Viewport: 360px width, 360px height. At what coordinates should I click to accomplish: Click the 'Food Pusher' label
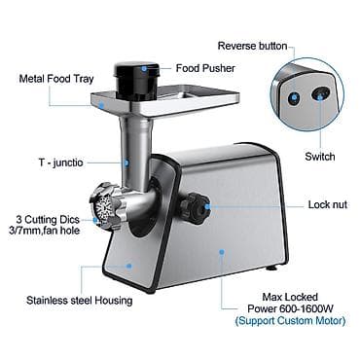[205, 68]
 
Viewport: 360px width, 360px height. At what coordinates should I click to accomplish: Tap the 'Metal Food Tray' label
[56, 79]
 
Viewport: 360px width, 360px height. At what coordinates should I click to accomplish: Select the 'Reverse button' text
[252, 46]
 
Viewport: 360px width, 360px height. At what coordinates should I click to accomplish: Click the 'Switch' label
[320, 157]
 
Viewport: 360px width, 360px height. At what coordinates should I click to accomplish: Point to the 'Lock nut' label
[328, 204]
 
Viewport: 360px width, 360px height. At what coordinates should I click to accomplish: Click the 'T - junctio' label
[61, 162]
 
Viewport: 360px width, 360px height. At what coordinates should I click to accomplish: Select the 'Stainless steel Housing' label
[80, 301]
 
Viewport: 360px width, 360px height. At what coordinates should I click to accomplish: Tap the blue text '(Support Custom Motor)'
[290, 321]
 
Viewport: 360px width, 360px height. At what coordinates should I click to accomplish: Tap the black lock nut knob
[196, 206]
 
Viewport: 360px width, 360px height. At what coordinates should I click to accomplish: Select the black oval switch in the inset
[320, 94]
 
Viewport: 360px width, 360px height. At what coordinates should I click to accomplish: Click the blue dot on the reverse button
[295, 96]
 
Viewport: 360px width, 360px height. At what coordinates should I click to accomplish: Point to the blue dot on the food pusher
[144, 68]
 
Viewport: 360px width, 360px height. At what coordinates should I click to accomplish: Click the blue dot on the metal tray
[101, 105]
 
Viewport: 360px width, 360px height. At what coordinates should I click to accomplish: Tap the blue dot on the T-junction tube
[126, 162]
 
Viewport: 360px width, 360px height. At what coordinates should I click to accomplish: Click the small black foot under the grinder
[271, 268]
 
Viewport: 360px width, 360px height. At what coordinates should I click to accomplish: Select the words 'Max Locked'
[290, 297]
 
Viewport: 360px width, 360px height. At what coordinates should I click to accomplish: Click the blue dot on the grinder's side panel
[222, 251]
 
